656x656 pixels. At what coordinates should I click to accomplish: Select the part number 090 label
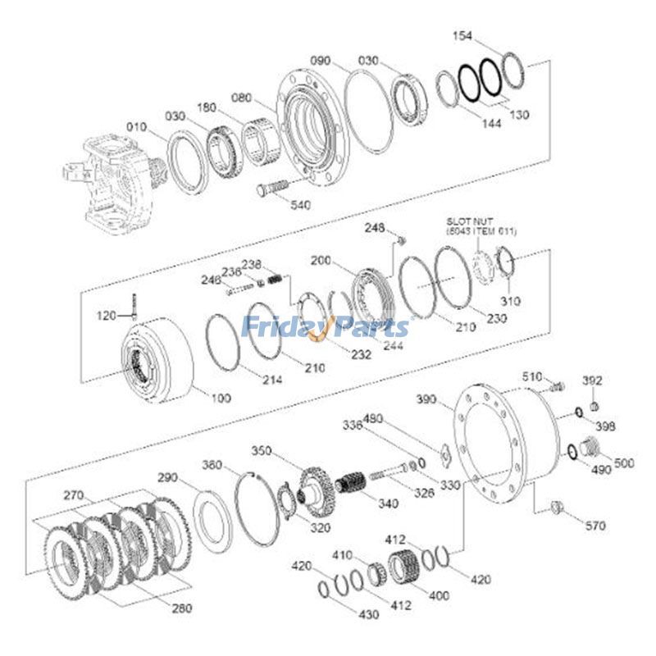[321, 60]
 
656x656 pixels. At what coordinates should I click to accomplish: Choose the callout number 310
[511, 300]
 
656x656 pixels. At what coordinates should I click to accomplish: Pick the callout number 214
[272, 380]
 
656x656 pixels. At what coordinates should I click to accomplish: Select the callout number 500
[624, 463]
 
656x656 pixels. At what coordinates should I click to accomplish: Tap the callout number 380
[212, 465]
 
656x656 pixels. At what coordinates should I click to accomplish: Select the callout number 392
[593, 380]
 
